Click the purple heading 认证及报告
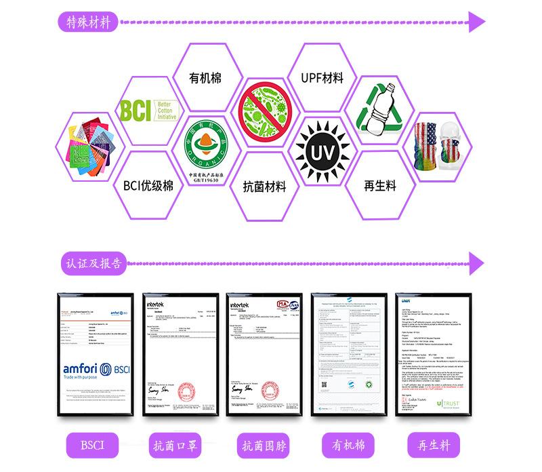coord(96,262)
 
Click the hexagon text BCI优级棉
coord(148,184)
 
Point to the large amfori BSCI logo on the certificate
coord(95,370)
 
